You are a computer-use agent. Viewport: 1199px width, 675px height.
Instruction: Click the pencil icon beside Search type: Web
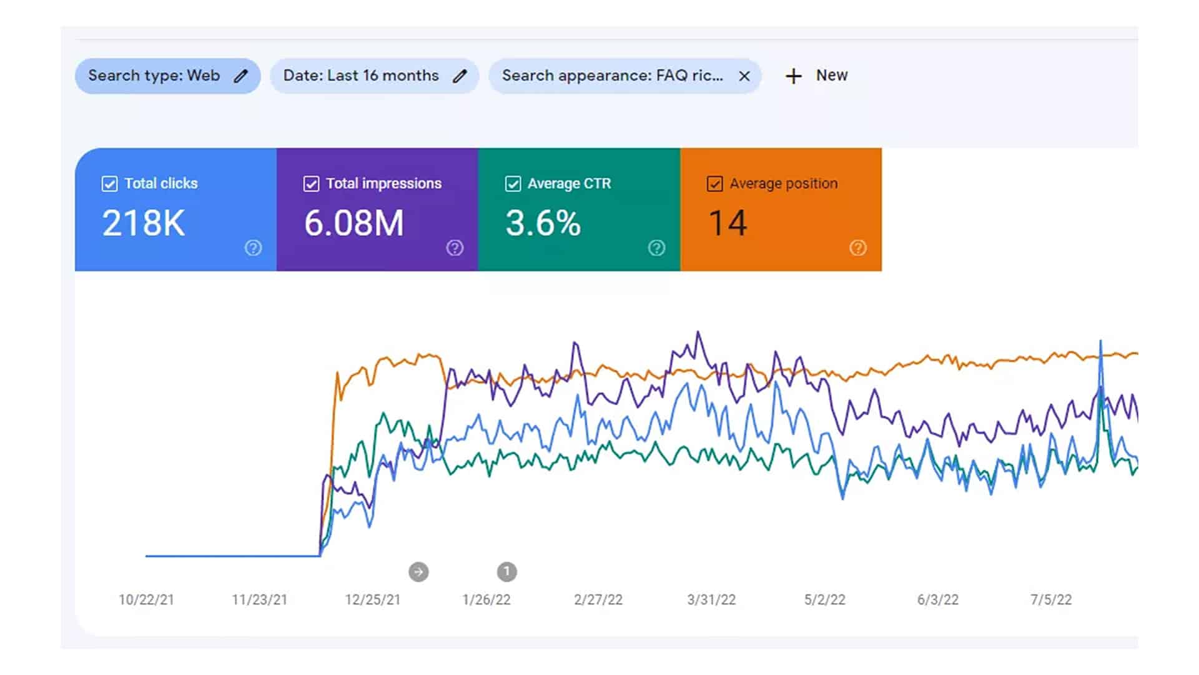pos(241,76)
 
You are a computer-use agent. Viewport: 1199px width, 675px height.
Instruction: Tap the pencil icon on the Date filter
pos(460,76)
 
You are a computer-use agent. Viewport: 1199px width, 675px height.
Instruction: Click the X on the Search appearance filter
pos(744,76)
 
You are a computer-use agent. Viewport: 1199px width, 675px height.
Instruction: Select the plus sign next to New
pos(793,76)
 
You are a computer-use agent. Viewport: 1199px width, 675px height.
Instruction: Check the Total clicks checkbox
pos(109,184)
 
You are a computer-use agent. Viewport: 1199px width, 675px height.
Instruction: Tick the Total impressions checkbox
pos(311,184)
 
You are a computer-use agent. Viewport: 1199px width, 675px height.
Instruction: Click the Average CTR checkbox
pos(513,184)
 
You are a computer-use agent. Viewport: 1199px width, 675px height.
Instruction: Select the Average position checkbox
pos(714,184)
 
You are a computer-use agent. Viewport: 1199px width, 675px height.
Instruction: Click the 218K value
pos(144,223)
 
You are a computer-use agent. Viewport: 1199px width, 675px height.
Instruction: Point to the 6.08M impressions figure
pos(354,223)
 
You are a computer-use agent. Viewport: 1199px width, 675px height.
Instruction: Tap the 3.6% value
pos(543,223)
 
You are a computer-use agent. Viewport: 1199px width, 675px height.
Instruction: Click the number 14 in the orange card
pos(728,223)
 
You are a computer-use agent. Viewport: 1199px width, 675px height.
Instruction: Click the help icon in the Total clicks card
pos(253,248)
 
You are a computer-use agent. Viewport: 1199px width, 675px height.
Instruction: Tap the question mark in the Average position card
pos(858,248)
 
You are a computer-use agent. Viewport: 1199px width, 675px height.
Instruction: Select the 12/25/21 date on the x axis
pos(373,600)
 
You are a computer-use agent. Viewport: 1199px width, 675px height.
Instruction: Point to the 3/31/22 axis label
pos(711,600)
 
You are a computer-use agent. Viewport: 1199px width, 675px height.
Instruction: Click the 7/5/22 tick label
pos(1051,600)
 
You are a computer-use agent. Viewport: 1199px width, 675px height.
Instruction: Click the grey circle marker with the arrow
pos(418,572)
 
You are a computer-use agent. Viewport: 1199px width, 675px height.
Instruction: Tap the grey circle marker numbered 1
pos(507,571)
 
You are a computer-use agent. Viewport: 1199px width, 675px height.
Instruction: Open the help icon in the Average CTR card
pos(656,248)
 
